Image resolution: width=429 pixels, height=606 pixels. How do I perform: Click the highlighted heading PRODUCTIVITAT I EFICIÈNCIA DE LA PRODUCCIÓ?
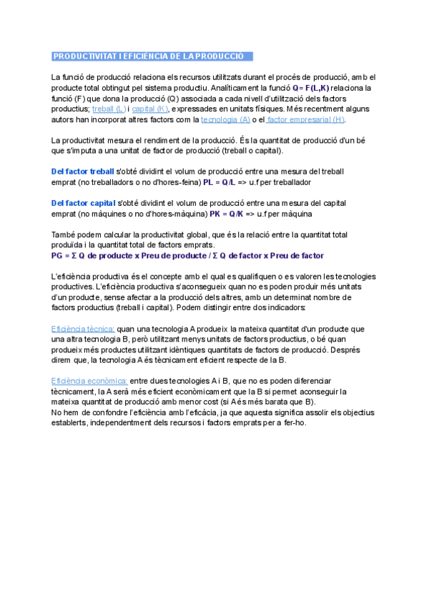coord(149,56)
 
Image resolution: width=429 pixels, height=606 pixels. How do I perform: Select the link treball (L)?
coord(109,109)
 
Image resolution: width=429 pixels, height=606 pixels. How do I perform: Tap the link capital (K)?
coord(150,109)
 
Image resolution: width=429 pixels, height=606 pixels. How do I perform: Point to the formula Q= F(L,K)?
coord(311,87)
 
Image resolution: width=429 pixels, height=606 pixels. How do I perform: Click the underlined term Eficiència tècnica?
coord(83,329)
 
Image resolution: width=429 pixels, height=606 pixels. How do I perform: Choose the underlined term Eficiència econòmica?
coord(89,381)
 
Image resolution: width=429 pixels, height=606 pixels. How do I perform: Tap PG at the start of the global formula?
coord(57,255)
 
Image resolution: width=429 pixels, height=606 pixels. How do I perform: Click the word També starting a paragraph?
coord(64,234)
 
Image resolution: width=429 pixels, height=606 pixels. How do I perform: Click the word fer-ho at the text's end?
coord(295,423)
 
